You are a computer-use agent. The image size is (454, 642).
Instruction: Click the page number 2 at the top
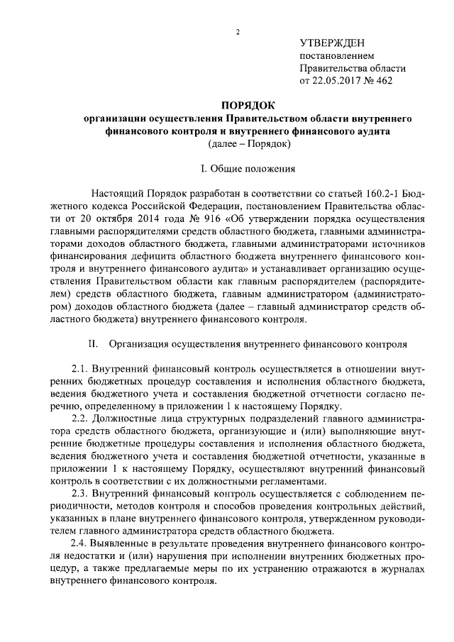238,32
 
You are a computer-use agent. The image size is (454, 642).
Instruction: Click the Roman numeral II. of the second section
92,343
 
